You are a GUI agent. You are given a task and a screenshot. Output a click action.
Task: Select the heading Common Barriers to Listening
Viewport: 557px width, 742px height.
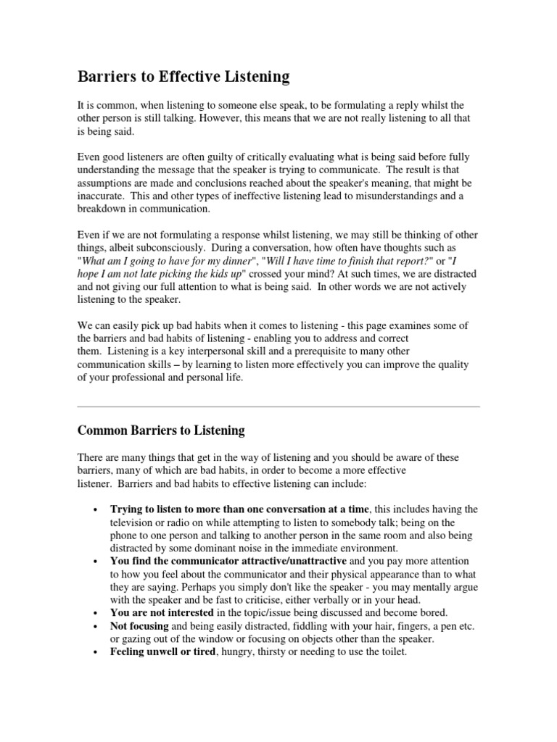[161, 430]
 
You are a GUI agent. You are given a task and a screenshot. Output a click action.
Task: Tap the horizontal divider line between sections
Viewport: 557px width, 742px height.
[278, 407]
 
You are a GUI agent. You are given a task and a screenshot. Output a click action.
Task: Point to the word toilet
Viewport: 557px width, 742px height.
[390, 652]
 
